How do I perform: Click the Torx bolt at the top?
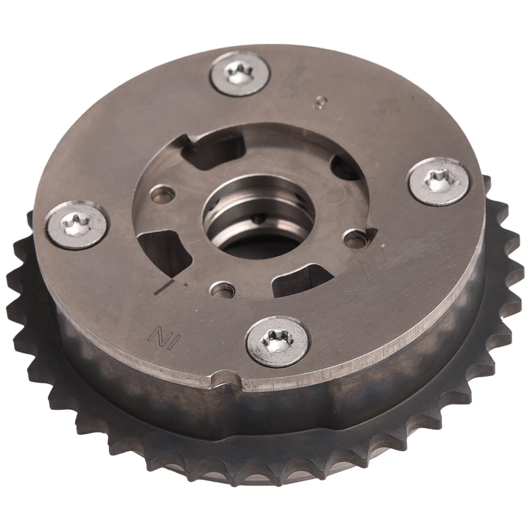click(x=240, y=74)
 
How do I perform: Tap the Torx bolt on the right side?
click(x=439, y=181)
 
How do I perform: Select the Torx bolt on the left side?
click(x=76, y=225)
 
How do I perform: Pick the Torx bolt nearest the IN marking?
click(x=277, y=342)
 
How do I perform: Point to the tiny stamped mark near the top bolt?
click(x=319, y=102)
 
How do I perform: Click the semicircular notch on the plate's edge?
click(x=226, y=379)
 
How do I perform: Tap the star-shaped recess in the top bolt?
click(x=241, y=72)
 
